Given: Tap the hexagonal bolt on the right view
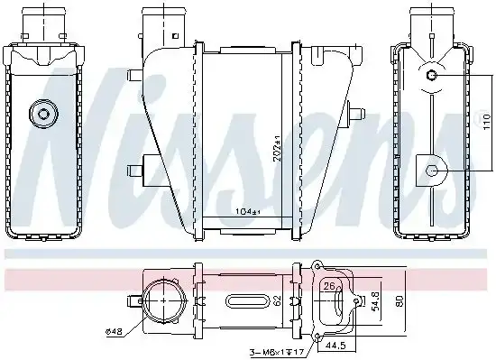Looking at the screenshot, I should click(x=432, y=170).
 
